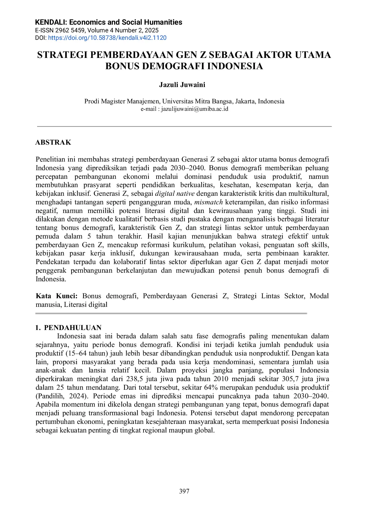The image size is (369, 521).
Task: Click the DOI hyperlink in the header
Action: pos(107,38)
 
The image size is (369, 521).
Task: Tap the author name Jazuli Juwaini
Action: pos(182,85)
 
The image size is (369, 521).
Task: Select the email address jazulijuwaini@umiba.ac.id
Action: pos(195,109)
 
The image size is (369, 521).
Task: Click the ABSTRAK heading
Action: pos(53,142)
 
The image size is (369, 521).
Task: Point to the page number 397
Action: pos(184,491)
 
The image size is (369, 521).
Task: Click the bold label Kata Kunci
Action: pos(56,296)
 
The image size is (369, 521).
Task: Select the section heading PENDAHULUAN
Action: pos(73,328)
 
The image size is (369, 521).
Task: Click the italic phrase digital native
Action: pos(175,193)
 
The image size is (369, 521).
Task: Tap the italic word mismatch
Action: pos(209,202)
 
